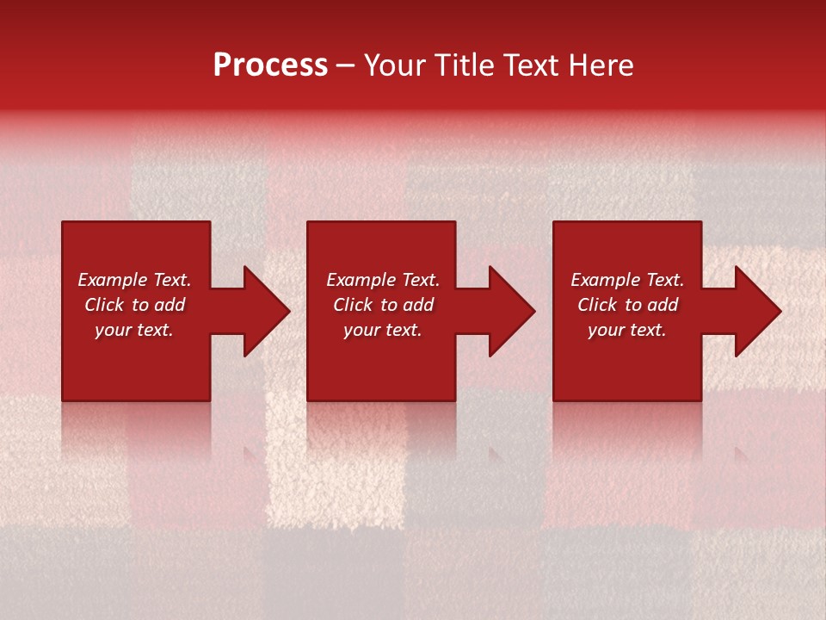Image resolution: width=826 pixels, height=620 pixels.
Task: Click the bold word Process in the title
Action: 270,65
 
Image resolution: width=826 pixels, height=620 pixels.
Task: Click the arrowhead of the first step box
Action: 267,311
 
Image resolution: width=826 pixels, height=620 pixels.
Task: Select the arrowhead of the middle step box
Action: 512,311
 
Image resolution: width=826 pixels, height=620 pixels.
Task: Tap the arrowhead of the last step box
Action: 758,311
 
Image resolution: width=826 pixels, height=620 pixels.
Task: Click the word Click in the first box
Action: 104,305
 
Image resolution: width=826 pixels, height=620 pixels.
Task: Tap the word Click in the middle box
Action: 353,305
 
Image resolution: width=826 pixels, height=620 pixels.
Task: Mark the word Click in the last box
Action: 597,305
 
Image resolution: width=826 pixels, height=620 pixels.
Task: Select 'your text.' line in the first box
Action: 134,330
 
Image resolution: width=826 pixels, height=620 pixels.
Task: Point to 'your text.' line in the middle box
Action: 383,330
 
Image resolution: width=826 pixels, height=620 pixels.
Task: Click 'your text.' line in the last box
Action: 627,330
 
